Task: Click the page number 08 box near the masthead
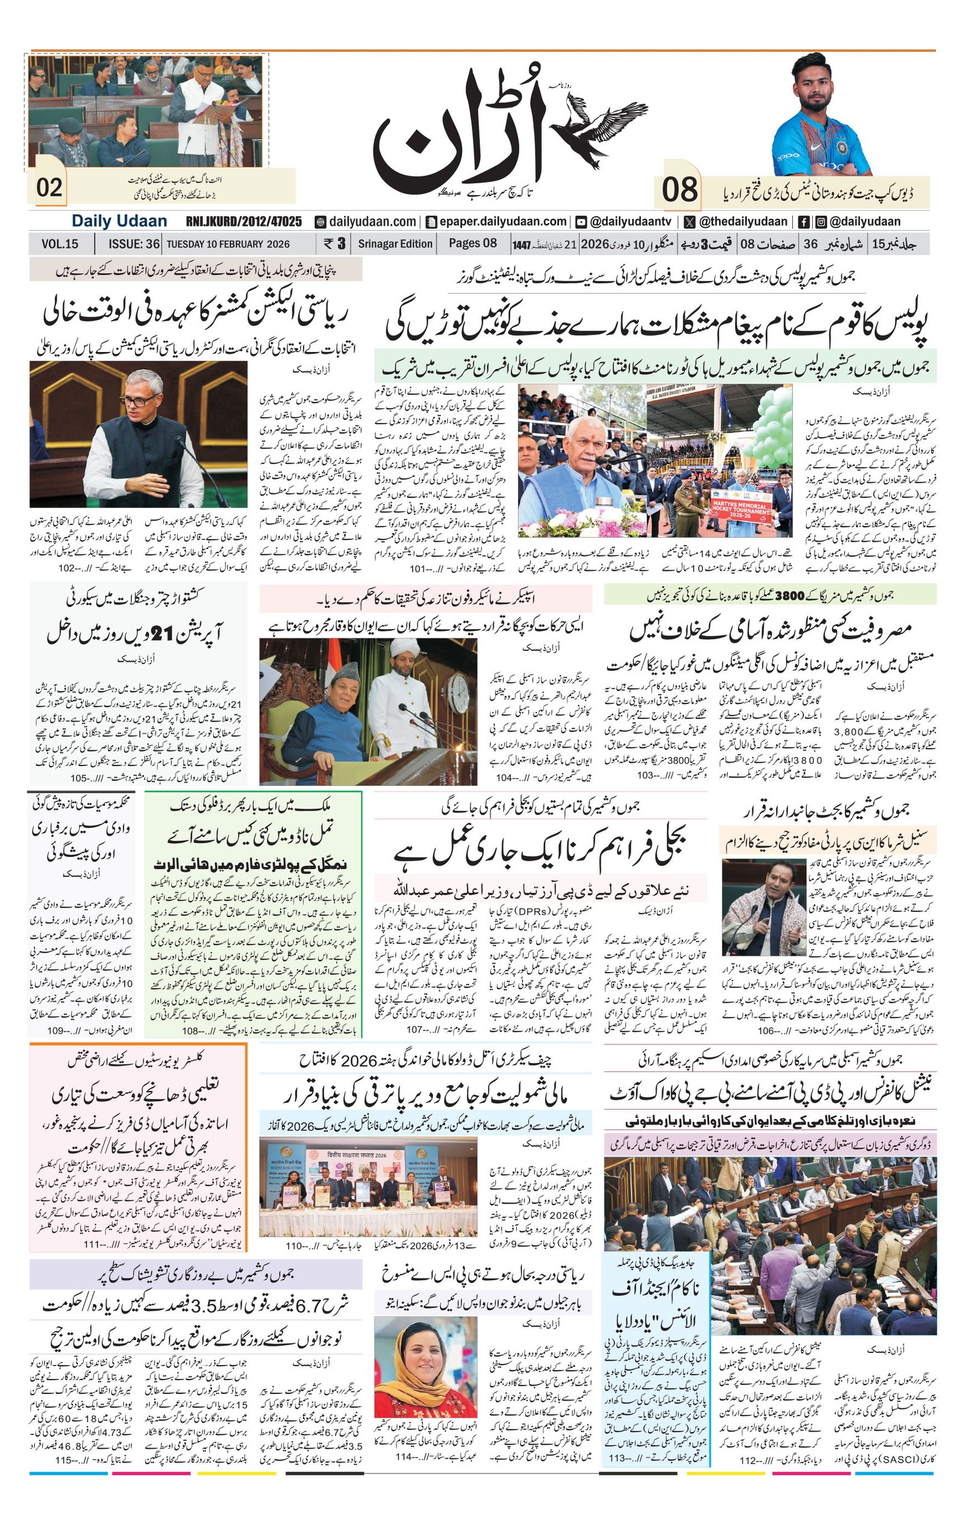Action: tap(678, 190)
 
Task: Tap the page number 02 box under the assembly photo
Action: tap(49, 187)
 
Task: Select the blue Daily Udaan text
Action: tap(119, 221)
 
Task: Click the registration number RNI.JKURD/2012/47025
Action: tap(243, 221)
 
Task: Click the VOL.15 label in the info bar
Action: tap(60, 243)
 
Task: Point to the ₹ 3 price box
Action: tap(334, 243)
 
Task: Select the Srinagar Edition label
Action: tap(395, 243)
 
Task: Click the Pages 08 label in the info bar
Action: tap(472, 243)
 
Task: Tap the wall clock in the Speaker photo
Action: tap(457, 693)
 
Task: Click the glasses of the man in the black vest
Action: tap(139, 401)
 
